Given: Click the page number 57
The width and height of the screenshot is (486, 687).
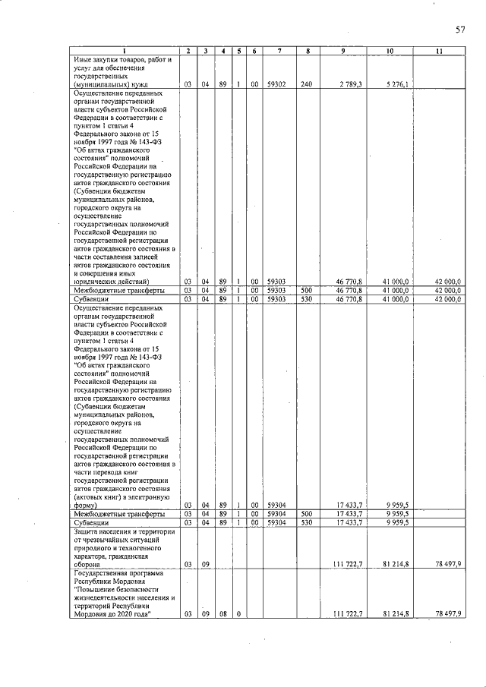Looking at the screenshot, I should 460,30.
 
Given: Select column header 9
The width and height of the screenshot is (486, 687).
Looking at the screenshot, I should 343,52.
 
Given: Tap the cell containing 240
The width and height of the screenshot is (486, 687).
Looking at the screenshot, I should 306,84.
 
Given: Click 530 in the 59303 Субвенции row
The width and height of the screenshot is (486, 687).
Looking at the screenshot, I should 306,299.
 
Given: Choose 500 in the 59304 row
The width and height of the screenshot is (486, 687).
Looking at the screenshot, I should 306,514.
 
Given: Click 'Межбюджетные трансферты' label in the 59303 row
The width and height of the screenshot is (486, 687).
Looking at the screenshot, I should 118,291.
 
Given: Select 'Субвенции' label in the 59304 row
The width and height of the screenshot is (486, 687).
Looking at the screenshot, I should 90,523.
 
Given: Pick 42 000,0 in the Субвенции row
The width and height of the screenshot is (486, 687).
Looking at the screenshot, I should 447,299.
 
